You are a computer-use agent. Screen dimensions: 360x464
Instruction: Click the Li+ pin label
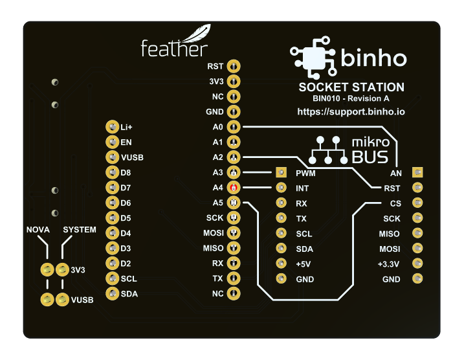[126, 127]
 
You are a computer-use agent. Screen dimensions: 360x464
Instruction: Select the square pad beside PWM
[281, 173]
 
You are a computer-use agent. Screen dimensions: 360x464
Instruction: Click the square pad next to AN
[418, 173]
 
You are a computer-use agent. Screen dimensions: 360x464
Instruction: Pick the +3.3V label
[389, 264]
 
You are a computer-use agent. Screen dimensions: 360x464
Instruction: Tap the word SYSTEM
[80, 230]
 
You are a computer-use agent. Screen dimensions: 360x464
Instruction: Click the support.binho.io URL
[351, 111]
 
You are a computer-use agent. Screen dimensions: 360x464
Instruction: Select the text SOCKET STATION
[351, 87]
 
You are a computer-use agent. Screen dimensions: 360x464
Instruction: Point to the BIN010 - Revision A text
[351, 99]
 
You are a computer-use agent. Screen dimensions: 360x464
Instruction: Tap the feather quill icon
[197, 34]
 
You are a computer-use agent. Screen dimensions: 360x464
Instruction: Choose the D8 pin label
[126, 173]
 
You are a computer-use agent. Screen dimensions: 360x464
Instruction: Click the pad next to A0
[234, 127]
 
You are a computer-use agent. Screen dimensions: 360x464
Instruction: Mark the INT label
[302, 188]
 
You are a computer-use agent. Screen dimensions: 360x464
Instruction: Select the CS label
[395, 203]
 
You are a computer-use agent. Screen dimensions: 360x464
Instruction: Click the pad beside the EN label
[112, 142]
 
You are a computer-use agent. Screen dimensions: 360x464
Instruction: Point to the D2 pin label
[126, 264]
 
